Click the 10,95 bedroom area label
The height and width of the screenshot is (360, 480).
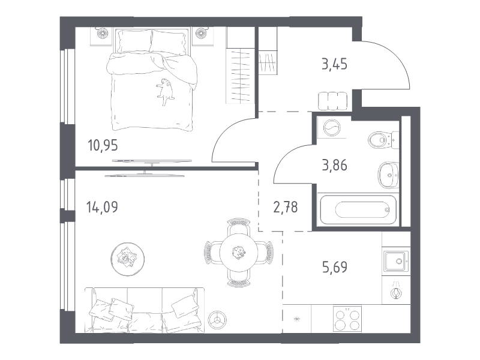coord(103,145)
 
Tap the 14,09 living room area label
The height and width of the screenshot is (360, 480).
coord(102,207)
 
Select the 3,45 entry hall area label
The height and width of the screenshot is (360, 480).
coord(334,65)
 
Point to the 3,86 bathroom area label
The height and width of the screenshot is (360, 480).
coord(334,166)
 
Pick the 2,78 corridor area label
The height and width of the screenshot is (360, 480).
coord(286,207)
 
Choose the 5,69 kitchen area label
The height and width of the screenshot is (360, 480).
coord(335,267)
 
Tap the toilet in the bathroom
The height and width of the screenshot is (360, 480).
coord(383,140)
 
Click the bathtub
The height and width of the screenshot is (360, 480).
coord(358,209)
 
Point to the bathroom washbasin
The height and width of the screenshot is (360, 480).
coord(388,175)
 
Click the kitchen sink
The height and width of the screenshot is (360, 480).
coord(397,261)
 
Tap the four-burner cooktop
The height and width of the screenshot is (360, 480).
coord(347,319)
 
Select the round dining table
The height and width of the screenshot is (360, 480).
coord(238,253)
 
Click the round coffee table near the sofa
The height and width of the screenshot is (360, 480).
coord(128,259)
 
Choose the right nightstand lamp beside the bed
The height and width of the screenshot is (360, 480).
coord(201,32)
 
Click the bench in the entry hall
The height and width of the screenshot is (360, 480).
coord(332,101)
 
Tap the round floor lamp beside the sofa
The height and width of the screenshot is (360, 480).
coord(217,320)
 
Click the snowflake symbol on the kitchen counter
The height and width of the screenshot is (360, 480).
coord(296,319)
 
